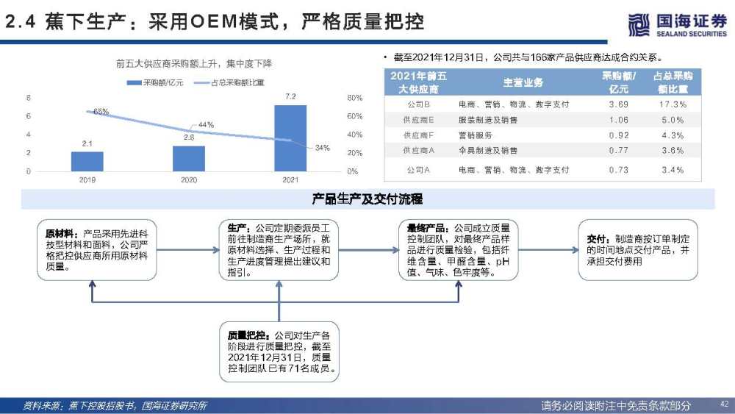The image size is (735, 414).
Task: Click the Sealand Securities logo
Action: (678, 24)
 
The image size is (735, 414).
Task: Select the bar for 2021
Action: (290, 138)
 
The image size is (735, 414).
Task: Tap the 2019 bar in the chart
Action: (87, 161)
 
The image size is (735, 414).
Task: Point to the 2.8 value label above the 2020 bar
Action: (189, 138)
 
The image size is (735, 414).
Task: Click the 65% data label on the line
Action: (101, 112)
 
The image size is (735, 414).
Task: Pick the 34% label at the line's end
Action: (323, 148)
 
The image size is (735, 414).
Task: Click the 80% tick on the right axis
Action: (355, 98)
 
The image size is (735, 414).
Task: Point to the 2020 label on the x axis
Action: (189, 179)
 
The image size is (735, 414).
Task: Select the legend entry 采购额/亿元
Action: (155, 82)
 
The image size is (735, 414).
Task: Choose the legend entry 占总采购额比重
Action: (229, 82)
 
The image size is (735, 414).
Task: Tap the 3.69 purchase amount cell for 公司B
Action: (619, 104)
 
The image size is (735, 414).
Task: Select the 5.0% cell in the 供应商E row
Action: (673, 120)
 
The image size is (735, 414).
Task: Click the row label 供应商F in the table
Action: (419, 135)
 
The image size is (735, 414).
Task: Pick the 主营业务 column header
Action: (523, 82)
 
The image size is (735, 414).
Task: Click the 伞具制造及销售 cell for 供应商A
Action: (488, 150)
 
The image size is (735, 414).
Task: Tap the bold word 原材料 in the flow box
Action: (59, 234)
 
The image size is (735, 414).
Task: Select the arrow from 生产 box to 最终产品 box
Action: (368, 250)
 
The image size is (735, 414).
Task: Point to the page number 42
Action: (724, 403)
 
